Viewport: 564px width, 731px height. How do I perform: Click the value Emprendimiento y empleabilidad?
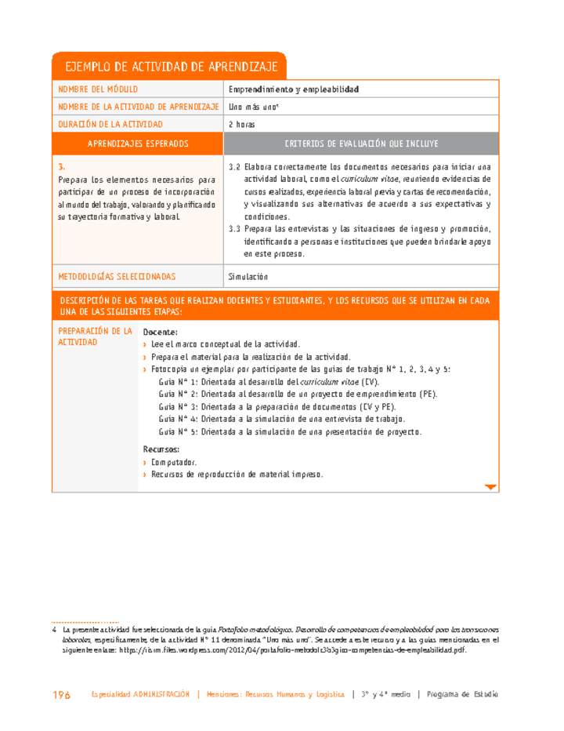(x=293, y=89)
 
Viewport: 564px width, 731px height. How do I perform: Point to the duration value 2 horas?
(x=241, y=124)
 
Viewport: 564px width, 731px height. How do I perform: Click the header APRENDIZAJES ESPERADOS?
(x=138, y=144)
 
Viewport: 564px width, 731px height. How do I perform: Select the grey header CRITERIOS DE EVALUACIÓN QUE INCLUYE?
(x=361, y=144)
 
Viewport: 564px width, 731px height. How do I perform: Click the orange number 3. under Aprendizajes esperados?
(x=61, y=167)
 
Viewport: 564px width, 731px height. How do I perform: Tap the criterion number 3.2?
(x=233, y=167)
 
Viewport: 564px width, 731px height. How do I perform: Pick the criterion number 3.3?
(x=233, y=229)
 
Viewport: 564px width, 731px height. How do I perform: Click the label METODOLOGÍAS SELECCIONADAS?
(x=117, y=277)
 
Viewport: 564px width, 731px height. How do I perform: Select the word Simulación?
(x=248, y=277)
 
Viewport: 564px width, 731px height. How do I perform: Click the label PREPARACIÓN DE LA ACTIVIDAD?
(x=95, y=336)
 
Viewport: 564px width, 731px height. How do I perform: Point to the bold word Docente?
(x=160, y=332)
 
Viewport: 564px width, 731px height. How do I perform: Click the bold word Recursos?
(x=161, y=449)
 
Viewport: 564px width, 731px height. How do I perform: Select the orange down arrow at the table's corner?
(x=490, y=487)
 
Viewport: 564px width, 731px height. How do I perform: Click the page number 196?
(x=61, y=695)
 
